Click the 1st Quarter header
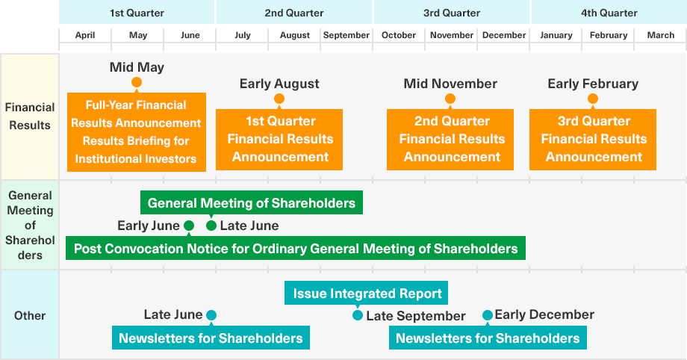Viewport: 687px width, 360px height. [x=137, y=13]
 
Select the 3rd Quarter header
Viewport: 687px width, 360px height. [x=451, y=13]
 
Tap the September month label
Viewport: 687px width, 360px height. [x=346, y=35]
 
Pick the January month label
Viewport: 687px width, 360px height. [x=556, y=35]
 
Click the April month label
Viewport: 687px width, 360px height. [x=85, y=35]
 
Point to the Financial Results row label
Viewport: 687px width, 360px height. [x=30, y=117]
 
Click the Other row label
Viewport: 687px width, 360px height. [x=30, y=315]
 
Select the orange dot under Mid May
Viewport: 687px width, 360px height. [x=137, y=82]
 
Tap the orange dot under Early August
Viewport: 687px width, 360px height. [x=279, y=99]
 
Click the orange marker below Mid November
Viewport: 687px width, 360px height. [x=450, y=99]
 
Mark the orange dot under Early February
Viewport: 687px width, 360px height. [x=593, y=99]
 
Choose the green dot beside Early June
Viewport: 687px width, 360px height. [x=189, y=226]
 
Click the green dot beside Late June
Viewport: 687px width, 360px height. [x=211, y=226]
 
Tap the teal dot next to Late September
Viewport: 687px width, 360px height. [x=358, y=315]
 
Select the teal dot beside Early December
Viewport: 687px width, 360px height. [x=488, y=315]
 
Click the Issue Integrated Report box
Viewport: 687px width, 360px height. [x=367, y=293]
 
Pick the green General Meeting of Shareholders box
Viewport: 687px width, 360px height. [x=252, y=202]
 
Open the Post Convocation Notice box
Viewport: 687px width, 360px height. [x=296, y=248]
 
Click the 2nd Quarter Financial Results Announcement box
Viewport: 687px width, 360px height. [x=450, y=140]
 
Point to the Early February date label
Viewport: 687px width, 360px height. [x=593, y=84]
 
